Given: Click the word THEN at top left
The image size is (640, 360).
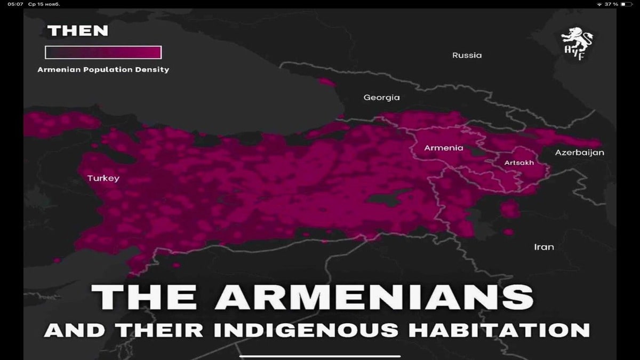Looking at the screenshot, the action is (78, 31).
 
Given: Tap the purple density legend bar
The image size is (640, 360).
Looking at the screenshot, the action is (103, 52).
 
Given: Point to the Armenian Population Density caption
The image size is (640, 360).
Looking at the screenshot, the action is (103, 69).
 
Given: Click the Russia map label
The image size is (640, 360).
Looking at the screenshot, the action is (467, 55).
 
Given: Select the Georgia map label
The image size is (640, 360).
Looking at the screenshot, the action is (381, 98).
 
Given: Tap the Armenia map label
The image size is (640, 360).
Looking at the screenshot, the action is (443, 148).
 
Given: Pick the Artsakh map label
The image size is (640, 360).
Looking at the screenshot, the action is (519, 163).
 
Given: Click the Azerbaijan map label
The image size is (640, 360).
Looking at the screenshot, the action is (579, 153).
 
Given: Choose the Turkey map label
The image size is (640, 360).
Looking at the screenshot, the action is (103, 178).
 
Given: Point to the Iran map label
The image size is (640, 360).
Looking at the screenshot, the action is (544, 247).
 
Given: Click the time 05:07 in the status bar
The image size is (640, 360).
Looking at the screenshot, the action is (15, 4).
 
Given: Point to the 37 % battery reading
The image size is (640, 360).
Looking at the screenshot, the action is (611, 4).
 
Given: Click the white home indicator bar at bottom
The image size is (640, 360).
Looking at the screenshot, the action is (319, 356).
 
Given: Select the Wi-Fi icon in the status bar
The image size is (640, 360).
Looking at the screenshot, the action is (599, 4).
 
